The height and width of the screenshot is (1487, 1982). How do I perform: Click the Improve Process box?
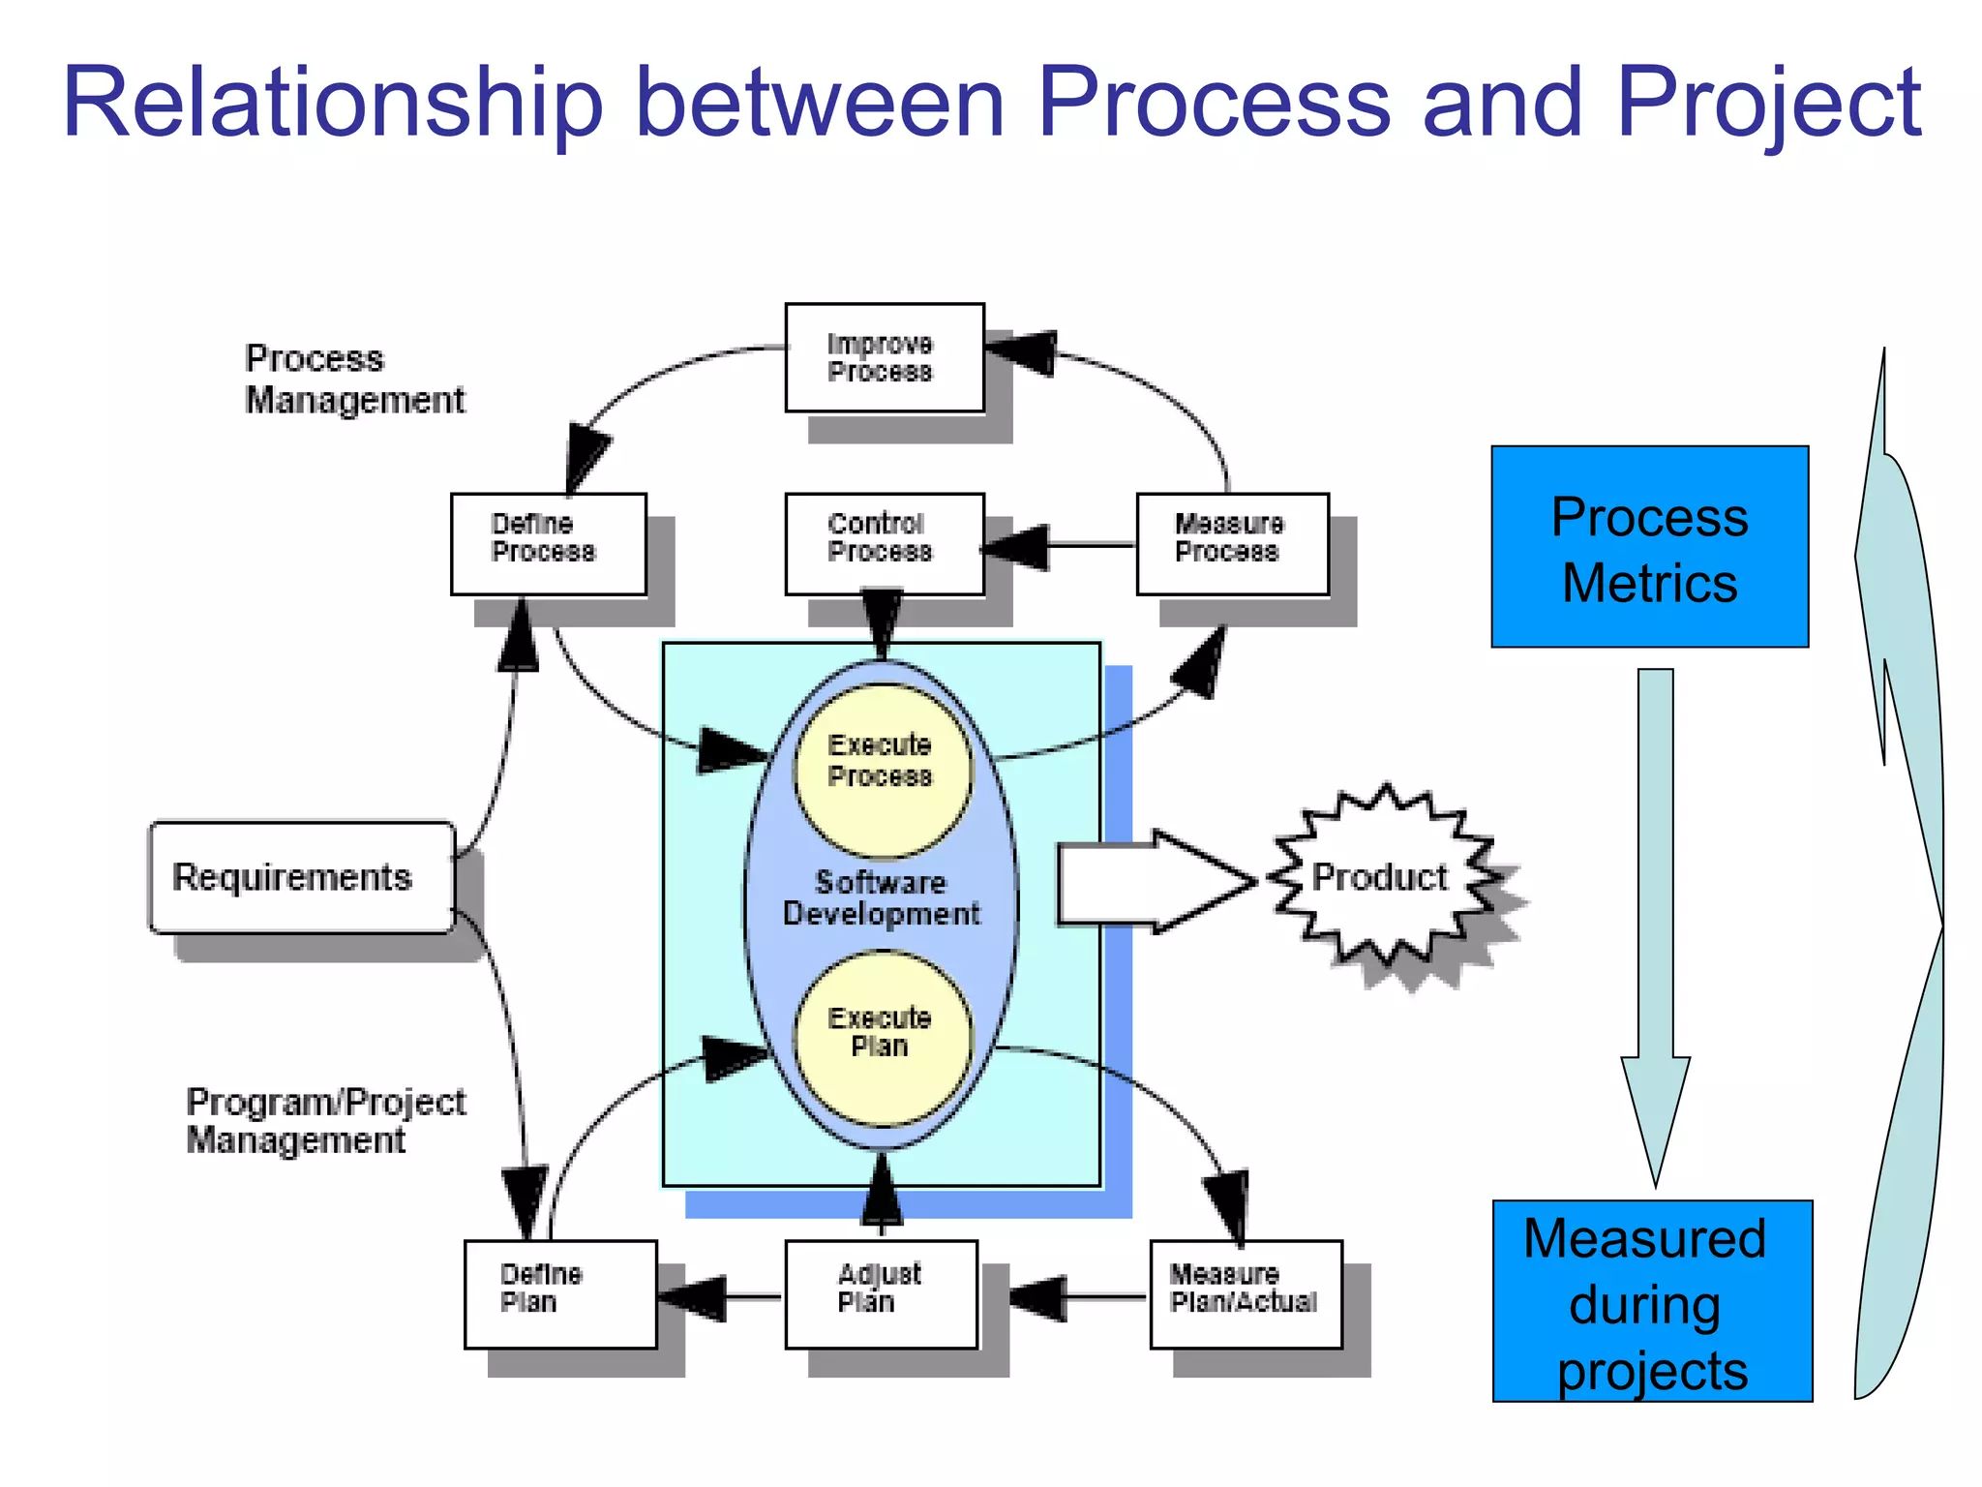coord(884,357)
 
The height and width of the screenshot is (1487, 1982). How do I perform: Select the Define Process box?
coord(548,543)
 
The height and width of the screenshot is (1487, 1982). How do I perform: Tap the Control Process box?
coord(884,543)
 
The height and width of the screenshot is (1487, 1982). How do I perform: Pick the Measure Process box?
coord(1231,543)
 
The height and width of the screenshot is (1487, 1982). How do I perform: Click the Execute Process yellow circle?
coord(881,770)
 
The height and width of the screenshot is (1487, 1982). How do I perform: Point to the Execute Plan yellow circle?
coord(881,1038)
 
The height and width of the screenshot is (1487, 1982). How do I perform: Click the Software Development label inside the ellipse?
coord(881,898)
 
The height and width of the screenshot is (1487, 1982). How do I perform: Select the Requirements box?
coord(300,877)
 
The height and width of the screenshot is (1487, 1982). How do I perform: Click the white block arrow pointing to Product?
coord(1152,881)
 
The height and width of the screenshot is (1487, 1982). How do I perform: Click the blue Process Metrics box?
coord(1649,547)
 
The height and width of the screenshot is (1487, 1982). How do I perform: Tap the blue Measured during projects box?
coord(1651,1300)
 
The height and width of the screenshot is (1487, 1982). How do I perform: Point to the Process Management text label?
coord(354,379)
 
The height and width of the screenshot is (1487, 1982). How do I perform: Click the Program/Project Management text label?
coord(325,1121)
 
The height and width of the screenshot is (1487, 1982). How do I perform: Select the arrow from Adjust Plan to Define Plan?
coord(721,1296)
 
